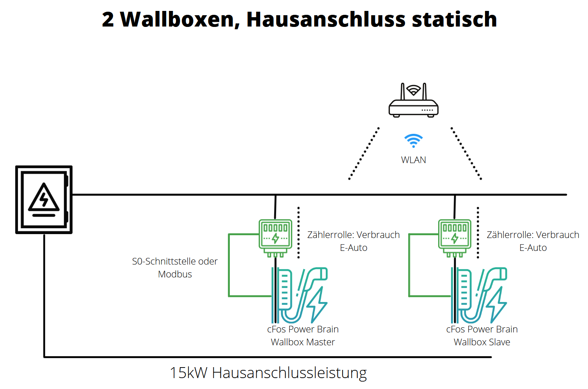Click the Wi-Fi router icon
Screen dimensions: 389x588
(x=413, y=102)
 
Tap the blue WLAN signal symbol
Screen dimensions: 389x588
(x=413, y=140)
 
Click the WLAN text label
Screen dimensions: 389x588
(x=413, y=160)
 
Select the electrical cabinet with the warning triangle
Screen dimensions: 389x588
(x=44, y=200)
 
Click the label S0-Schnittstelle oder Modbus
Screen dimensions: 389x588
(x=175, y=268)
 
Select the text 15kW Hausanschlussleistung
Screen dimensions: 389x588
(x=268, y=373)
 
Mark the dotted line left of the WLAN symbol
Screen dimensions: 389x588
(x=364, y=153)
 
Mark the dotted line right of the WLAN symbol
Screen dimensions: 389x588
(x=466, y=153)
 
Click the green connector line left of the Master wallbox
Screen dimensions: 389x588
(x=229, y=265)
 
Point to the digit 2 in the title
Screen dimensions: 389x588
(x=108, y=20)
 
